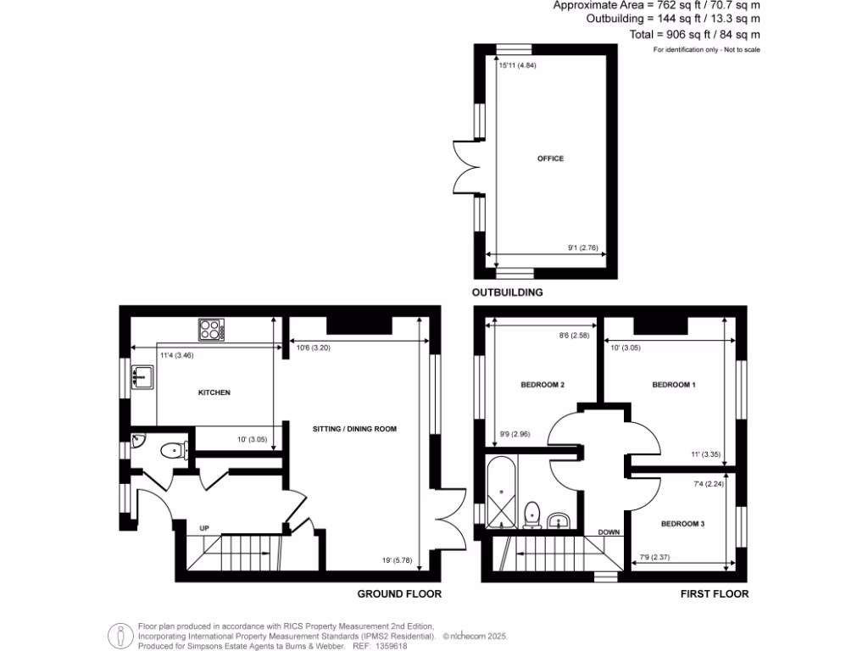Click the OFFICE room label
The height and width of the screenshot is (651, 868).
point(550,159)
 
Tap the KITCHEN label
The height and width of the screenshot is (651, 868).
point(214,392)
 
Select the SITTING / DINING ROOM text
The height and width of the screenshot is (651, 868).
point(354,429)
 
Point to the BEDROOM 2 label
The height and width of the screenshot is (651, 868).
point(542,385)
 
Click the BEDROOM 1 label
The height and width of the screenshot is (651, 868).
point(674,385)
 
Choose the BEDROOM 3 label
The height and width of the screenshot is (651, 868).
point(682,524)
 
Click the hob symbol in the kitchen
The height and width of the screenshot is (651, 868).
point(209,329)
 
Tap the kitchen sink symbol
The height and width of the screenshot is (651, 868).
point(142,375)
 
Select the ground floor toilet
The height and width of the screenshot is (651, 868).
point(174,451)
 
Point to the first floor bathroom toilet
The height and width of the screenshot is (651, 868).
point(533,513)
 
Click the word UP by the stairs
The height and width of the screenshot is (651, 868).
point(204,528)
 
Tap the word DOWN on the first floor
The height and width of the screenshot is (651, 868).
point(609,532)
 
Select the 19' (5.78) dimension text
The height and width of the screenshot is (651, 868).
point(396,560)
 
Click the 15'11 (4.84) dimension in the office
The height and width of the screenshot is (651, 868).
point(518,65)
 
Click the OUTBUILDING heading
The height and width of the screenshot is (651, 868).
point(508,292)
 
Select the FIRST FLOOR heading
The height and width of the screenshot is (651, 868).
point(715,594)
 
